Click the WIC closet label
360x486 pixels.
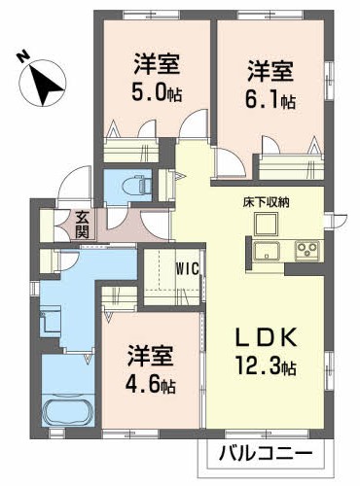(188, 268)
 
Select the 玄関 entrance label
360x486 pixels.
(82, 226)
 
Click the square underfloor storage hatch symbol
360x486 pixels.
(266, 224)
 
